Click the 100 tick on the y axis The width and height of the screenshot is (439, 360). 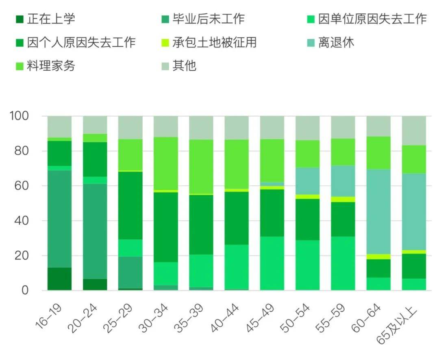pyautogui.click(x=19, y=116)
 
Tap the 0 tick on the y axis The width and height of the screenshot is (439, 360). pyautogui.click(x=25, y=291)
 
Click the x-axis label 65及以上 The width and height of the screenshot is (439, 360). pyautogui.click(x=396, y=327)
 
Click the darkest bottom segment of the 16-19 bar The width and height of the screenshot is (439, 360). pyautogui.click(x=59, y=279)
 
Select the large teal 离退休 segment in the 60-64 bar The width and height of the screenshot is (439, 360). pyautogui.click(x=378, y=211)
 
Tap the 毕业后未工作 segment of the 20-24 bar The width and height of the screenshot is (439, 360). pyautogui.click(x=95, y=231)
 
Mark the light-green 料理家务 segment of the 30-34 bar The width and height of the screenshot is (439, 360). pyautogui.click(x=166, y=163)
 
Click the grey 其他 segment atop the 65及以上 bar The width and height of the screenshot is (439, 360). pyautogui.click(x=414, y=130)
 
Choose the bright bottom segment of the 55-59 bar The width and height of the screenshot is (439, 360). pyautogui.click(x=343, y=263)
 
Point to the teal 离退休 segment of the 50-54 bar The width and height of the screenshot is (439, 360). pyautogui.click(x=308, y=181)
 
